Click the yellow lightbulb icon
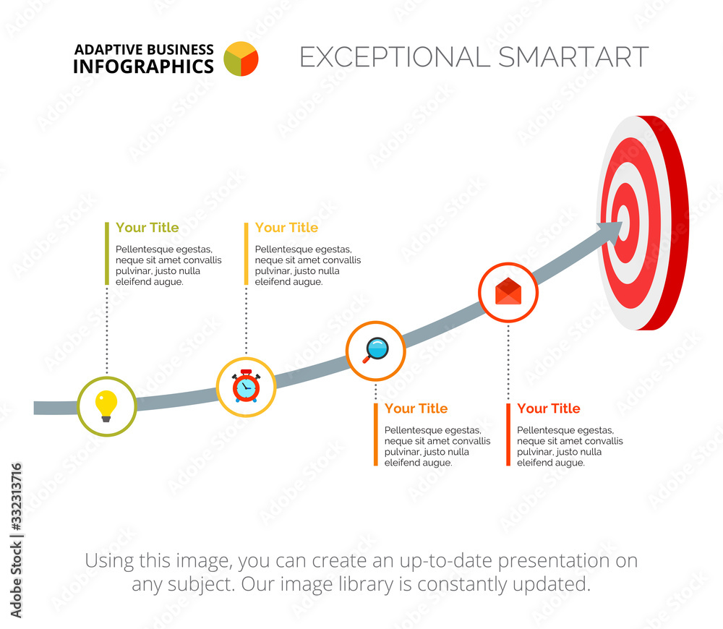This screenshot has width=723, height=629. (106, 406)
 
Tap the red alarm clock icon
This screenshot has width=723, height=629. (246, 386)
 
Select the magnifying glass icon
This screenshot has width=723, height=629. (375, 350)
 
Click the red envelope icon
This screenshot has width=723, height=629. (508, 291)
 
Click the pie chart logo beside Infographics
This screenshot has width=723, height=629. (241, 59)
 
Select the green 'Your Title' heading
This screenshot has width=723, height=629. (147, 228)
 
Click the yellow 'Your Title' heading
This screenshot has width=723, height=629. (286, 228)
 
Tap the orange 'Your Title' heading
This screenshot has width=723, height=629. (416, 408)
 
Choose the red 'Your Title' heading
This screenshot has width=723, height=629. (548, 408)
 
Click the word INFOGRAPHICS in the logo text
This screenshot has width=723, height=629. (143, 67)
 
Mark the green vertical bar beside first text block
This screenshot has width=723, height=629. (107, 253)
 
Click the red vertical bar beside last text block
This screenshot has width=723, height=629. (508, 435)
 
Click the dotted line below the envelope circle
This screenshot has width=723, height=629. (508, 361)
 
